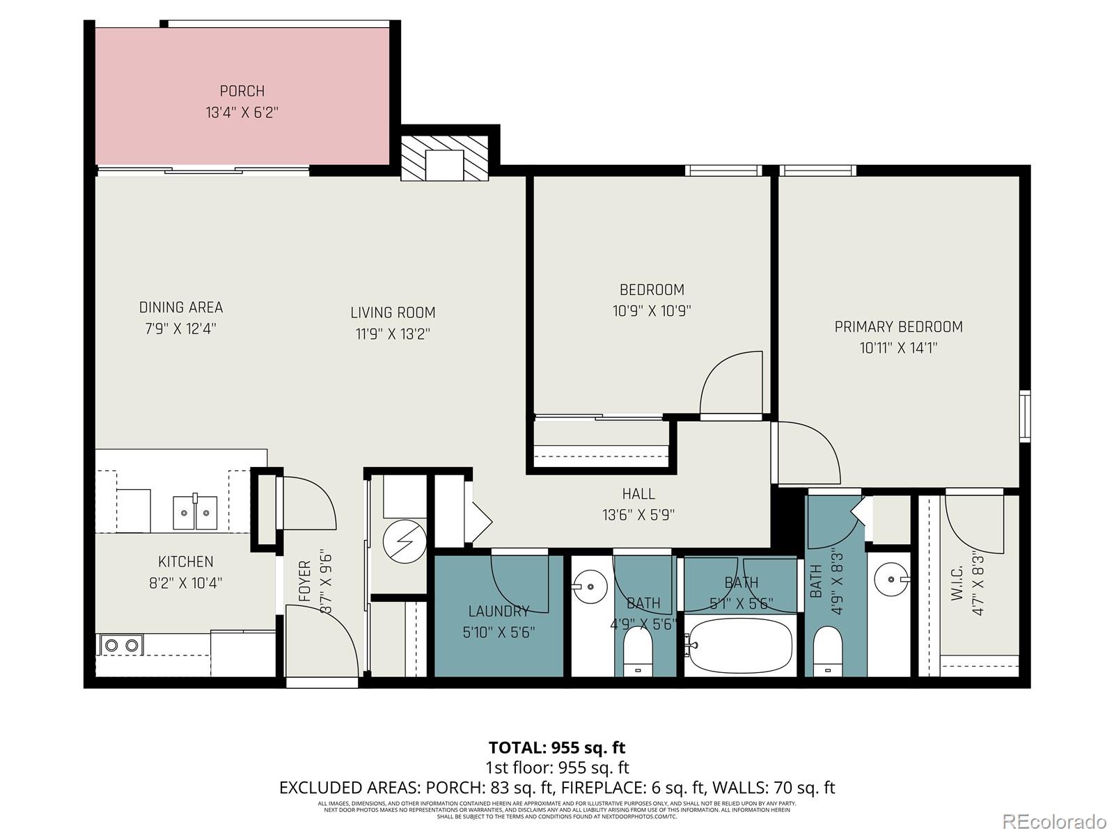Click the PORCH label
click(242, 91)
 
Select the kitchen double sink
click(195, 513)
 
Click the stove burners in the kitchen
click(122, 646)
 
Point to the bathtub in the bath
click(739, 644)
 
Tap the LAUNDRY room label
click(499, 612)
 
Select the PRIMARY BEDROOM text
click(898, 326)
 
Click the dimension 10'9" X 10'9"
click(652, 311)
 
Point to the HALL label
click(638, 494)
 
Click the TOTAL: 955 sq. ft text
click(556, 748)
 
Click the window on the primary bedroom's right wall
click(1024, 416)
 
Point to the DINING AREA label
click(181, 308)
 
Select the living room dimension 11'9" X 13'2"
click(393, 334)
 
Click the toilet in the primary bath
click(828, 651)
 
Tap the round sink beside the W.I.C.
click(891, 579)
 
